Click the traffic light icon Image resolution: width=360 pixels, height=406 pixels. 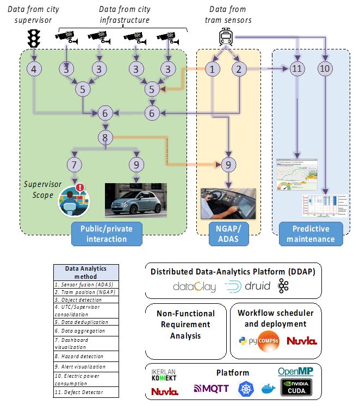coord(34,39)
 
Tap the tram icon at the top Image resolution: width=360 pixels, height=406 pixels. coord(226,37)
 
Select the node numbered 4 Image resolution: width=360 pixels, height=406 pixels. coord(34,69)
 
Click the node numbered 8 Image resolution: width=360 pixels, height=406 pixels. coord(105,137)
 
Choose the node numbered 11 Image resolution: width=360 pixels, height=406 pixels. coord(297,69)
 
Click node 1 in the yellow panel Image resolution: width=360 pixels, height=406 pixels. coord(213,69)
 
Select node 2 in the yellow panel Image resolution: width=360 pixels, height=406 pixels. coord(239,69)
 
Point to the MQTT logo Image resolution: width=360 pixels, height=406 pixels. coord(212,388)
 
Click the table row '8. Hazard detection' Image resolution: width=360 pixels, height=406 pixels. coord(79,357)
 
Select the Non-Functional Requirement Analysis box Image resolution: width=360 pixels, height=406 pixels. coord(185,324)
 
